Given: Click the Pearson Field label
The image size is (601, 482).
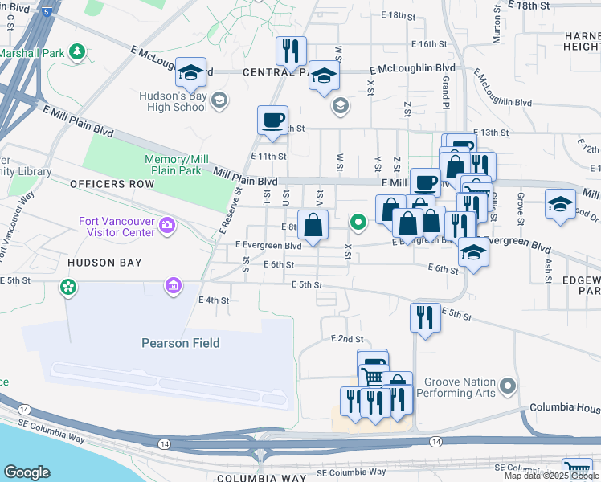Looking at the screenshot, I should pos(180,343).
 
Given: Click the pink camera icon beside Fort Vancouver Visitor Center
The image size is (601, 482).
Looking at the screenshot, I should pos(167,223).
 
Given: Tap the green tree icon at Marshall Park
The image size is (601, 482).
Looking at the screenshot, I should pos(77,52).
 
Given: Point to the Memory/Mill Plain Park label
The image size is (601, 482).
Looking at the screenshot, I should pos(177,165).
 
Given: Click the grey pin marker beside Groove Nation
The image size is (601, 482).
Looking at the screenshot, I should pos(506,387).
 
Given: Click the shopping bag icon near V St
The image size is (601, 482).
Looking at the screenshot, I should pos(313,225).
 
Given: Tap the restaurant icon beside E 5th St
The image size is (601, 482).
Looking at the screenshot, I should pos(425,317).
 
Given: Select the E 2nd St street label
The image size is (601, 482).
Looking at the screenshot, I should pos(347,340).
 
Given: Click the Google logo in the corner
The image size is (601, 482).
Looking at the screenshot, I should pos(27,472).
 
